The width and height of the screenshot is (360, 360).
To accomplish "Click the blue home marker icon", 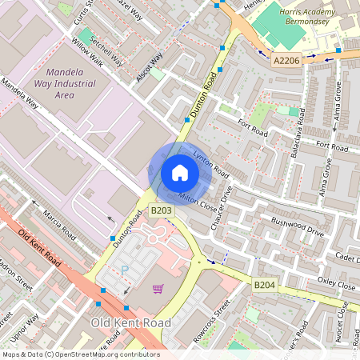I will coord(180,173).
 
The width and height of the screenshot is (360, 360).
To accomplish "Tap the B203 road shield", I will coord(162,210).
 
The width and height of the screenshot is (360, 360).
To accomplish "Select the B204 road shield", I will coord(265,285).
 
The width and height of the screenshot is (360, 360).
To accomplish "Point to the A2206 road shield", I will coord(285,59).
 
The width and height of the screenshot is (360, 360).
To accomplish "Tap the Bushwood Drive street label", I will coord(297,227).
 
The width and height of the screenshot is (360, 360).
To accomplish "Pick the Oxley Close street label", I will coord(336,283).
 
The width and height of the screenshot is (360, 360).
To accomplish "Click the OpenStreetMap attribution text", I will coord(80,354).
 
